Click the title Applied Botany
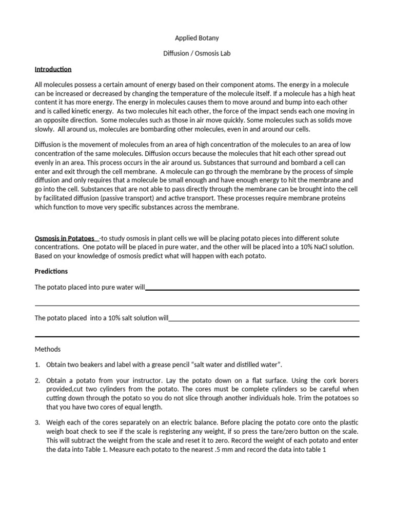click(x=197, y=38)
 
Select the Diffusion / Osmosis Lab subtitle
click(x=197, y=54)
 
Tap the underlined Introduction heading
click(x=53, y=69)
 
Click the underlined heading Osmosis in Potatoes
click(x=65, y=238)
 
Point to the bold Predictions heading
click(x=51, y=271)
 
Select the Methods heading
click(x=48, y=349)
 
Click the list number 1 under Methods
click(x=37, y=365)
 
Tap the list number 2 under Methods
click(x=37, y=380)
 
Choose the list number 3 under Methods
click(x=37, y=422)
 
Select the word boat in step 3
click(x=70, y=431)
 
